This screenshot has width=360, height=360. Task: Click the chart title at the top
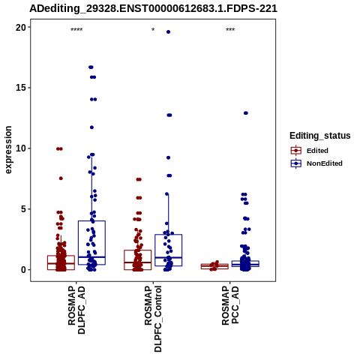153,8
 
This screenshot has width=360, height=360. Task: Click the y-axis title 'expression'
8,150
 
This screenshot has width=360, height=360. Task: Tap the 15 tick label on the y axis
21,88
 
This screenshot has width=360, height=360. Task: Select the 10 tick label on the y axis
21,148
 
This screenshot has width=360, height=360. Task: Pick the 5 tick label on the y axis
23,209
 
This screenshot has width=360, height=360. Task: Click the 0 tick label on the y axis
23,270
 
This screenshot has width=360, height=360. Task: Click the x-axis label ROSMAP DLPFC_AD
76,310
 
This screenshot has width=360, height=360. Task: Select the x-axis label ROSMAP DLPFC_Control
153,319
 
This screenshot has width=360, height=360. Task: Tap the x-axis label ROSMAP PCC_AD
230,305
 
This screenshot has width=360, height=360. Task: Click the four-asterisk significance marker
76,30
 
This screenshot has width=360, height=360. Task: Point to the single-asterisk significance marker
153,30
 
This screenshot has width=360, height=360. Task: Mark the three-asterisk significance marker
230,30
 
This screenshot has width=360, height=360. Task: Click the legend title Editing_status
320,136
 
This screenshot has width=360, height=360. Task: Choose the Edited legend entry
310,151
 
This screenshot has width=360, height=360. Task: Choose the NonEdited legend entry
316,163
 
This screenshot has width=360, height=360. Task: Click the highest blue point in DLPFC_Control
168,32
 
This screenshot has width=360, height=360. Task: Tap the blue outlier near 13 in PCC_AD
246,113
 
